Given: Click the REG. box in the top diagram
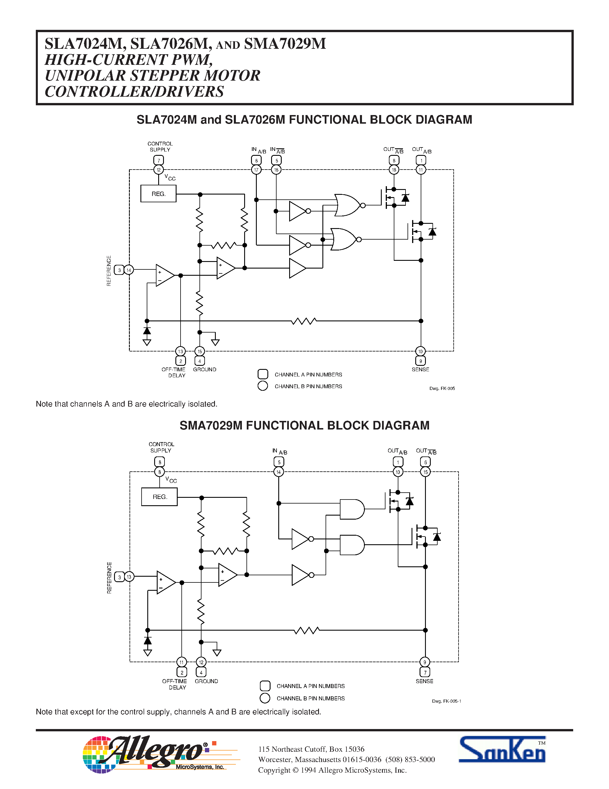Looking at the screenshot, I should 158,194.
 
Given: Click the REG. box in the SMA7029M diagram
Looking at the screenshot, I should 159,497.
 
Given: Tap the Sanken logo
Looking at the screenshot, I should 502,750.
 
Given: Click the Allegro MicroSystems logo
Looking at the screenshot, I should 155,754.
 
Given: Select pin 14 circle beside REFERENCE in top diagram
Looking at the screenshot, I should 129,270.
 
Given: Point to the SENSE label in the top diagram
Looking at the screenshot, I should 420,370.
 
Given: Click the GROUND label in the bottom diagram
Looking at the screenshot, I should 206,681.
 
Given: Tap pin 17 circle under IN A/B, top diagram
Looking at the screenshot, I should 256,170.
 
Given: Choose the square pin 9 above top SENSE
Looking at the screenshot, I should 421,361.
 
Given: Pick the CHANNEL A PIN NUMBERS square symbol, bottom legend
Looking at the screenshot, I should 265,686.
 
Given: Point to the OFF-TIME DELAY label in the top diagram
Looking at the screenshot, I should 174,372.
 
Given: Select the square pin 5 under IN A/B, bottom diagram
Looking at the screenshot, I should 279,462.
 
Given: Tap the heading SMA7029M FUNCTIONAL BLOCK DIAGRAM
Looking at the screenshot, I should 304,425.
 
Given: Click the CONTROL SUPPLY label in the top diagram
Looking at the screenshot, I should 160,147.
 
